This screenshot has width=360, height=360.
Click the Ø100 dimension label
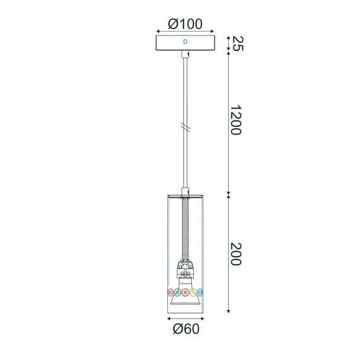(185, 24)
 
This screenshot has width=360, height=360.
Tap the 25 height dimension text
(237, 44)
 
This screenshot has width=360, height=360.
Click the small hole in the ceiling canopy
(185, 42)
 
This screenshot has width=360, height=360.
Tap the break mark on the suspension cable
(185, 127)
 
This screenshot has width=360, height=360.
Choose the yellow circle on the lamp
(193, 292)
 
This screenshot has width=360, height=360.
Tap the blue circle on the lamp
(201, 292)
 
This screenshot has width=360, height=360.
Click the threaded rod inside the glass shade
(185, 227)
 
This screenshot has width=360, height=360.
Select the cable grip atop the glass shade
(185, 191)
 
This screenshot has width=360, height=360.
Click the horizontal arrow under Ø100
(185, 32)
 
